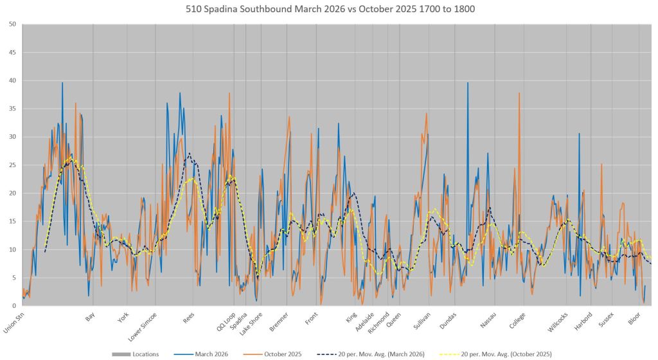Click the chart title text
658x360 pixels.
pyautogui.click(x=328, y=9)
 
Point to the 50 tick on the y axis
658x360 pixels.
pyautogui.click(x=13, y=24)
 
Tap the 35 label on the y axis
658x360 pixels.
pyautogui.click(x=13, y=109)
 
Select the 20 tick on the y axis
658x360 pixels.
pyautogui.click(x=13, y=193)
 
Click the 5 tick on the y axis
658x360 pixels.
pyautogui.click(x=14, y=277)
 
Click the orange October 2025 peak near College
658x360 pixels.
pyautogui.click(x=519, y=93)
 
